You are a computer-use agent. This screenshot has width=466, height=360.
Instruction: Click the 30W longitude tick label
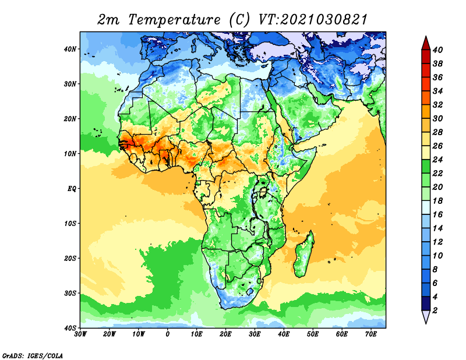click(x=80, y=334)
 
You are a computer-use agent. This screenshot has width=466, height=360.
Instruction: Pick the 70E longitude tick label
click(x=371, y=334)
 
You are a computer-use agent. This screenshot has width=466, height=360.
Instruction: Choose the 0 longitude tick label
click(x=168, y=334)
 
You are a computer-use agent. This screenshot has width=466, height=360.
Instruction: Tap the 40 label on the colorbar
click(x=439, y=50)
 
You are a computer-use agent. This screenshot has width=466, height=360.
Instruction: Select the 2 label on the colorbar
click(x=437, y=310)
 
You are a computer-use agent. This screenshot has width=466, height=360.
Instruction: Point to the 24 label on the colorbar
click(x=439, y=160)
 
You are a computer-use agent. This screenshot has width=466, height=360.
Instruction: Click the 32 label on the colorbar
click(x=439, y=105)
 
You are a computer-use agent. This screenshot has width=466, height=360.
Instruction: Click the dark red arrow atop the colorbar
click(x=426, y=43)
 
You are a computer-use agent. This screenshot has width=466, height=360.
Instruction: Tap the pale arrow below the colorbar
click(x=426, y=317)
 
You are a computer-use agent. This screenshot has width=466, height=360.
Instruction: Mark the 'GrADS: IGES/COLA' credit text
click(x=32, y=355)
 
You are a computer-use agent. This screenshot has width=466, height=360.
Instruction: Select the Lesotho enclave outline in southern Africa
click(x=250, y=291)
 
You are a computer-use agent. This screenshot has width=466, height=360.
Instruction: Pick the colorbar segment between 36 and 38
click(x=426, y=70)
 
